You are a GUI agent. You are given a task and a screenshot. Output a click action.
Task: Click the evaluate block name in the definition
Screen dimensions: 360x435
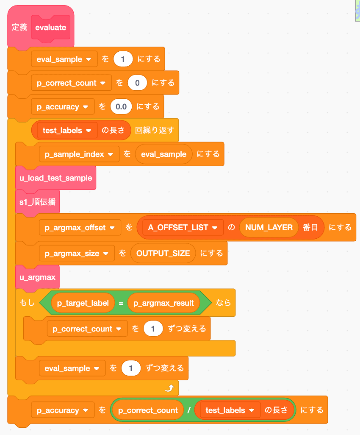pyautogui.click(x=51, y=28)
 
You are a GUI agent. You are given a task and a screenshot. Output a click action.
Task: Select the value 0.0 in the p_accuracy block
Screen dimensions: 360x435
pyautogui.click(x=121, y=107)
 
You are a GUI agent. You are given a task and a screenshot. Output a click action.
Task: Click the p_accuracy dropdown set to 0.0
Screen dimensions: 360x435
pyautogui.click(x=63, y=107)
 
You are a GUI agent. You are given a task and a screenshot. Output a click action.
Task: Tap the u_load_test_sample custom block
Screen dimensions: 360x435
pyautogui.click(x=56, y=178)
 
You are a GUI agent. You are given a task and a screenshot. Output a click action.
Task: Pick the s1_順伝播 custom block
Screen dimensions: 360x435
pyautogui.click(x=38, y=202)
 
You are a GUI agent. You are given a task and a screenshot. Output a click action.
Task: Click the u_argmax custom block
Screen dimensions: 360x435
pyautogui.click(x=38, y=277)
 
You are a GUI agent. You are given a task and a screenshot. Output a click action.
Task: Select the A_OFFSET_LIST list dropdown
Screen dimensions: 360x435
pyautogui.click(x=183, y=228)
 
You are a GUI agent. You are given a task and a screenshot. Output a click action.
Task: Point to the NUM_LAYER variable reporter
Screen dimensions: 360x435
pyautogui.click(x=269, y=228)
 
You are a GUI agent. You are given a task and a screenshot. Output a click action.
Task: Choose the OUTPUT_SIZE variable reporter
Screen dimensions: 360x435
pyautogui.click(x=163, y=254)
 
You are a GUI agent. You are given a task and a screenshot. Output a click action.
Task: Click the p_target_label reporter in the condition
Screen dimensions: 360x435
pyautogui.click(x=83, y=303)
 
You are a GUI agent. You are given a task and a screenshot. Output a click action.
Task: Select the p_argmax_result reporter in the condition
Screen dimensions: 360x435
pyautogui.click(x=163, y=303)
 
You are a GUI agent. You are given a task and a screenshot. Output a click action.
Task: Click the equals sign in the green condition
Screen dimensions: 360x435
pyautogui.click(x=121, y=303)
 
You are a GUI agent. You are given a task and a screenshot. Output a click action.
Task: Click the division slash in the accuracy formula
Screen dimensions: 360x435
pyautogui.click(x=189, y=410)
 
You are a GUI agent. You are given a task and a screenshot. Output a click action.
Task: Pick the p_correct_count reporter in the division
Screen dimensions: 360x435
pyautogui.click(x=148, y=410)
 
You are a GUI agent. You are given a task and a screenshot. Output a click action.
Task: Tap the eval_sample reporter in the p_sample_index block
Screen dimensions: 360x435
pyautogui.click(x=163, y=154)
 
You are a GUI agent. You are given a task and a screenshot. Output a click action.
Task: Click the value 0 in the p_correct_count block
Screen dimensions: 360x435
pyautogui.click(x=137, y=83)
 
